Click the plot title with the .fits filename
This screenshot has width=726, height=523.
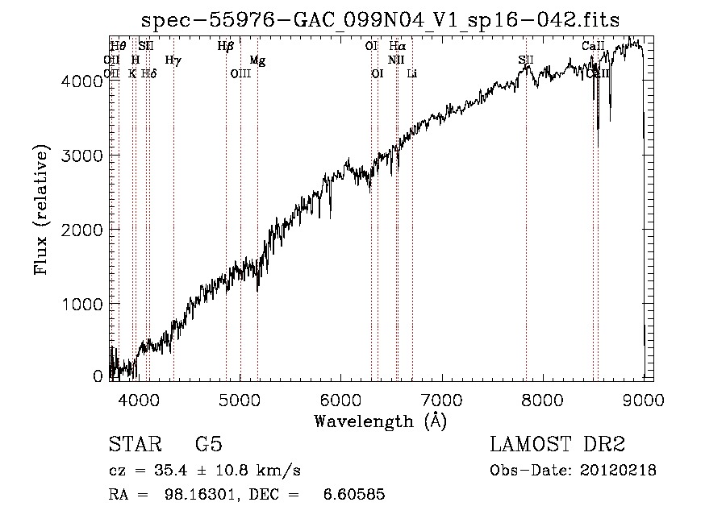pos(380,20)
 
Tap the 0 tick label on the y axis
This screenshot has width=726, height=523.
pos(98,376)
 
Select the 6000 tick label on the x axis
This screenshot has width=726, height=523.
pos(340,398)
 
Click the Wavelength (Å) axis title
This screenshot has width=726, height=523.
pos(380,421)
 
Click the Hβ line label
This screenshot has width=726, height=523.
pos(226,47)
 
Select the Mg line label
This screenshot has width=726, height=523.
pos(257,60)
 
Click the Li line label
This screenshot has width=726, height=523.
pos(412,74)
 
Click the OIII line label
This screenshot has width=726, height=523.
pos(241,74)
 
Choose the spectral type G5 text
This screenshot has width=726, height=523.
pos(209,446)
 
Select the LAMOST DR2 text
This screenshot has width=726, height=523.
pos(557,446)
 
